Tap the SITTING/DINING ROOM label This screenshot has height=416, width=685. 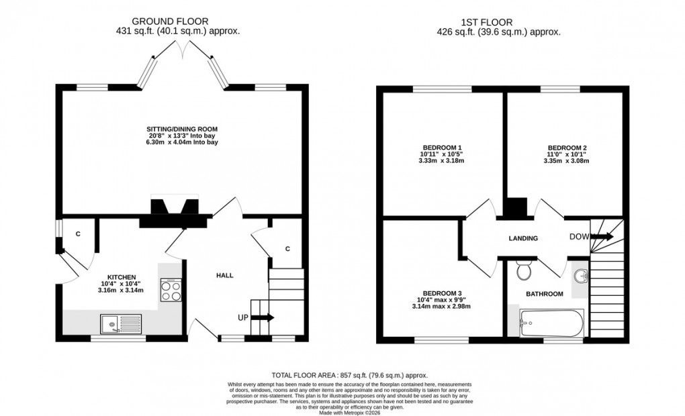coord(183,128)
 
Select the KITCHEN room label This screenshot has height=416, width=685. coord(122,276)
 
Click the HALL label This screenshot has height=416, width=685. coord(224,276)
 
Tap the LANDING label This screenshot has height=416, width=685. coord(523,238)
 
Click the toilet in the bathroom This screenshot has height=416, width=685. coord(524,271)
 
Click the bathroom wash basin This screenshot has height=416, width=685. coord(580,276)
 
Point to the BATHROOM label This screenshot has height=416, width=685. coord(544,294)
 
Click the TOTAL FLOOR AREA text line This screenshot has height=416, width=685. coord(349,375)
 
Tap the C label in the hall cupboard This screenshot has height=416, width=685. coord(287,250)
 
